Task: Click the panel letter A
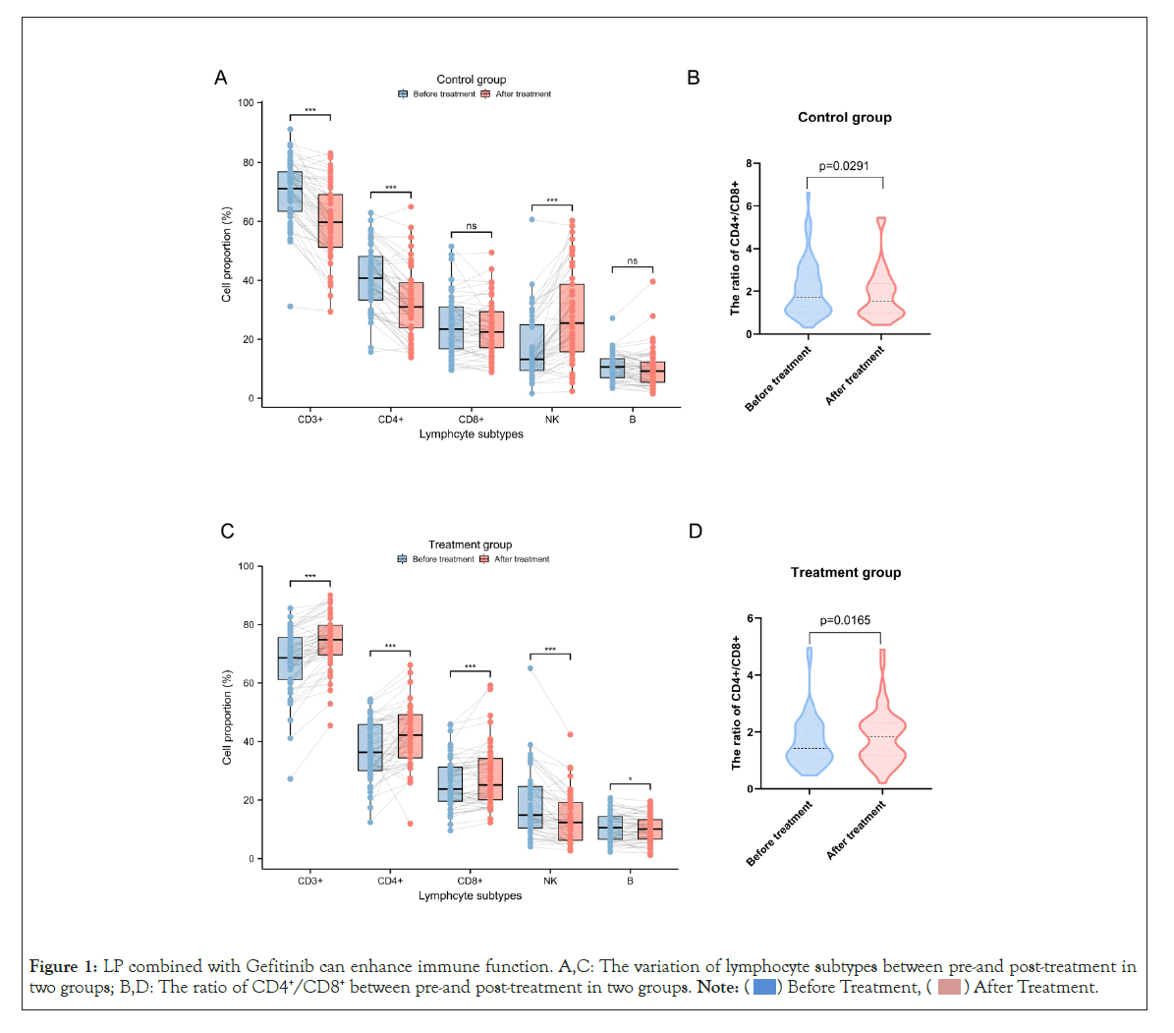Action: (221, 79)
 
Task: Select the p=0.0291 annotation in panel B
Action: (844, 166)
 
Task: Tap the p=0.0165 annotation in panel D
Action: (845, 620)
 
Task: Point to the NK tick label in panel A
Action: (552, 420)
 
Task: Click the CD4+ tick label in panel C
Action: (390, 881)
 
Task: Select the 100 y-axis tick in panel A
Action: (246, 103)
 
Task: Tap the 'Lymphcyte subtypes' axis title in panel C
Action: (470, 895)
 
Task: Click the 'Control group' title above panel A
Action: (472, 80)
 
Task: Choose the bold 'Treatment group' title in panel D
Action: (846, 572)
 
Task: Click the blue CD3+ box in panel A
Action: (290, 192)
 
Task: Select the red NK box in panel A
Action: (573, 317)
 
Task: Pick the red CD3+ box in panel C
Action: (330, 640)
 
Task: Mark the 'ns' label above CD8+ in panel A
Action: (472, 227)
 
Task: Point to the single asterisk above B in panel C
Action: (631, 780)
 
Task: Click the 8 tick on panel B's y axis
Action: (749, 163)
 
